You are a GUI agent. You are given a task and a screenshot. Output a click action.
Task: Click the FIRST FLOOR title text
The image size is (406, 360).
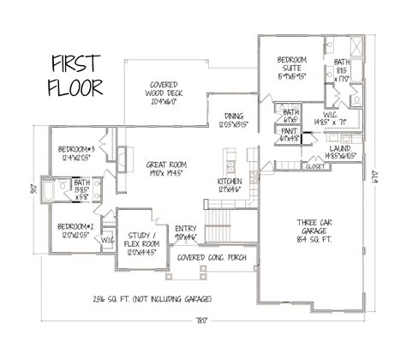pos(77,75)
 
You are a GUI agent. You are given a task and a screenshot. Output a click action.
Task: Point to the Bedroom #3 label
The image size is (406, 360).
pos(75,153)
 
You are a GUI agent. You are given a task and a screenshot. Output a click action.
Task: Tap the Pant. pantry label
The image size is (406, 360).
pos(290,134)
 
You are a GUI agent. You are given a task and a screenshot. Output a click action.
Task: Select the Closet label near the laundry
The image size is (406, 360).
pos(314,167)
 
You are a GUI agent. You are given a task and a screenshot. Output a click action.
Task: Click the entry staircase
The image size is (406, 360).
pos(220,231)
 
